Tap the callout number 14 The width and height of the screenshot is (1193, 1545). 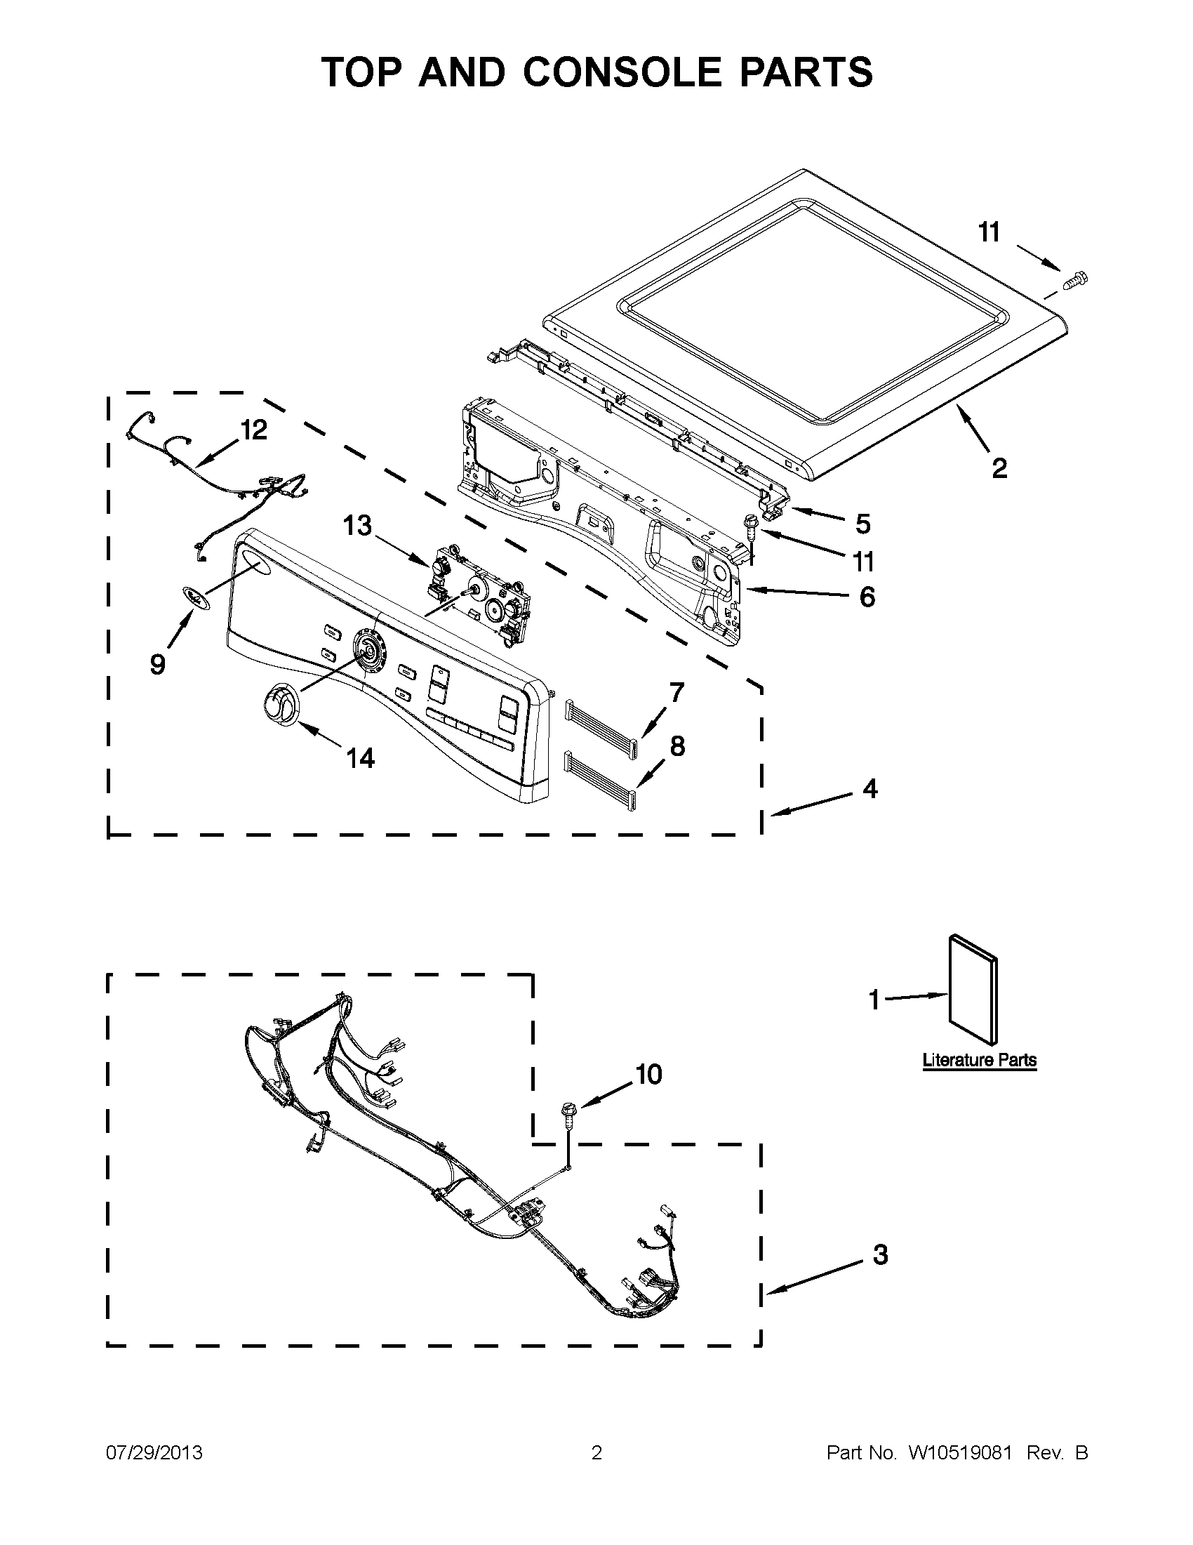coord(360,758)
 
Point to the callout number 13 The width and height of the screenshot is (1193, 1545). coord(357,526)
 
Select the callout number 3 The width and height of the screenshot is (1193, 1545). coord(880,1254)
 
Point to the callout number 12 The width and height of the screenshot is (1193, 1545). coord(254,429)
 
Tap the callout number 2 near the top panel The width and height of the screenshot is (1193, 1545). coord(999,468)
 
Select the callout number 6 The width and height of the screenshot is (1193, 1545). coord(867,597)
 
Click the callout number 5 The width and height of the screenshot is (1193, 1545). coord(862,524)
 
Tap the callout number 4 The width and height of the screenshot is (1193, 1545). coord(869,788)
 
